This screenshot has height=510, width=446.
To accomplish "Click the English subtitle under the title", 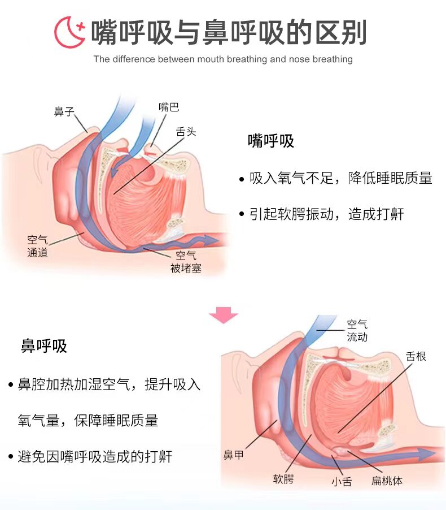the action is click(223, 59).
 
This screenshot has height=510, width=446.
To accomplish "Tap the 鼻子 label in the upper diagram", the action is click(64, 112).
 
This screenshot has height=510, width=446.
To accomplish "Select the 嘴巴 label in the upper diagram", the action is click(169, 107).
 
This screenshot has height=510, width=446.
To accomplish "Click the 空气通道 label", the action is click(38, 246).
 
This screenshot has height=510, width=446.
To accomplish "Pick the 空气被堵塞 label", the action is click(186, 262).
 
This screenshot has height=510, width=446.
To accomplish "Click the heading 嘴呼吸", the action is click(271, 141).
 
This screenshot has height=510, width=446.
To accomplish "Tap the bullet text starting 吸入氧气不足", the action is click(341, 179).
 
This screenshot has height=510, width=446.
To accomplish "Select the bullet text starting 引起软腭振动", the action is click(327, 214).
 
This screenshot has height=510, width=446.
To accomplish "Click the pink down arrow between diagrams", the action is click(224, 315).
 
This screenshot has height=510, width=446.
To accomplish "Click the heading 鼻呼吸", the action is click(44, 346).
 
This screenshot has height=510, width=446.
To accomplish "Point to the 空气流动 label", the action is click(357, 331).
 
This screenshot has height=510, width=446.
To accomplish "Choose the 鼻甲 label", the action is click(234, 455).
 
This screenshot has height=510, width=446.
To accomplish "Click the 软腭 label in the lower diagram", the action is click(283, 480).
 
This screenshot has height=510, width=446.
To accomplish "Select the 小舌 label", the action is click(341, 482).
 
